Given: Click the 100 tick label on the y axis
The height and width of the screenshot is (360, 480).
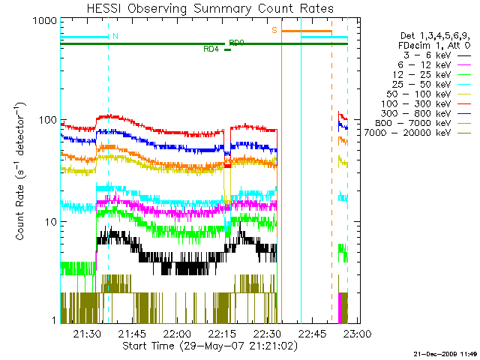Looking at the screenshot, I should coord(46,120).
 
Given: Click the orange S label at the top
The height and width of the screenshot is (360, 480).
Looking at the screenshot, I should coord(274,30).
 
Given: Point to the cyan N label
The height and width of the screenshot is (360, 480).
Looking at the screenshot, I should coord(115,35).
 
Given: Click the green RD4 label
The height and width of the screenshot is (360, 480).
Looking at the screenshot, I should coord(211,49).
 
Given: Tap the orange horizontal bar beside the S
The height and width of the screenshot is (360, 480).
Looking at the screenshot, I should coord(306,31).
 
